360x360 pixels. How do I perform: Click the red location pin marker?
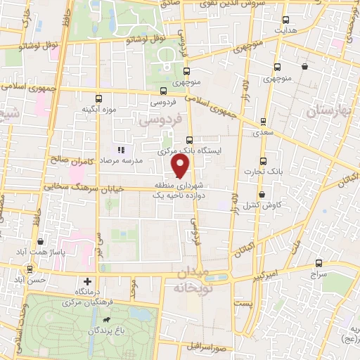pyautogui.click(x=181, y=165)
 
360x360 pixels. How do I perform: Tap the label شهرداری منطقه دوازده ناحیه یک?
pyautogui.click(x=181, y=190)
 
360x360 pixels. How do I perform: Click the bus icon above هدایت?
pyautogui.click(x=285, y=20)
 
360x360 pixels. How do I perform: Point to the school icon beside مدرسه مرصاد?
pyautogui.click(x=121, y=150)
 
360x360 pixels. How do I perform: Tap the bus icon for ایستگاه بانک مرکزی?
pyautogui.click(x=189, y=140)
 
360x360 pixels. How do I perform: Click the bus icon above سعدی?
pyautogui.click(x=263, y=121)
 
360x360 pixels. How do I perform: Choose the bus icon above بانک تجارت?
pyautogui.click(x=263, y=160)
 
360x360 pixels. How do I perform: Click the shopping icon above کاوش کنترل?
pyautogui.click(x=262, y=194)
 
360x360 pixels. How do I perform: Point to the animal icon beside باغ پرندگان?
pyautogui.click(x=106, y=321)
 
